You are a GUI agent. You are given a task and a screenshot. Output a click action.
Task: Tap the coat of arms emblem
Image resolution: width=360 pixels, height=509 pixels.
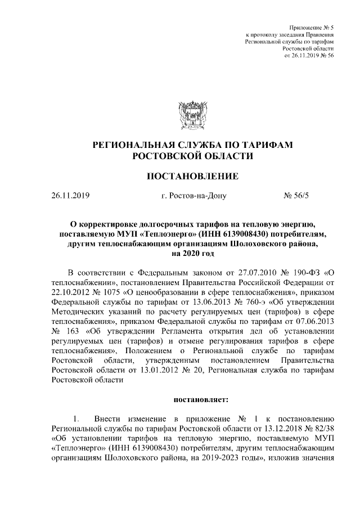193,116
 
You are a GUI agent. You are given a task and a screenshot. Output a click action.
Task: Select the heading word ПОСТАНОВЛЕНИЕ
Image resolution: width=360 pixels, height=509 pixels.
193,177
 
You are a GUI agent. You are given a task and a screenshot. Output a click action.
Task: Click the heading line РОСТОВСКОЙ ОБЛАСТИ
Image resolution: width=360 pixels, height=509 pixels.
193,156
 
